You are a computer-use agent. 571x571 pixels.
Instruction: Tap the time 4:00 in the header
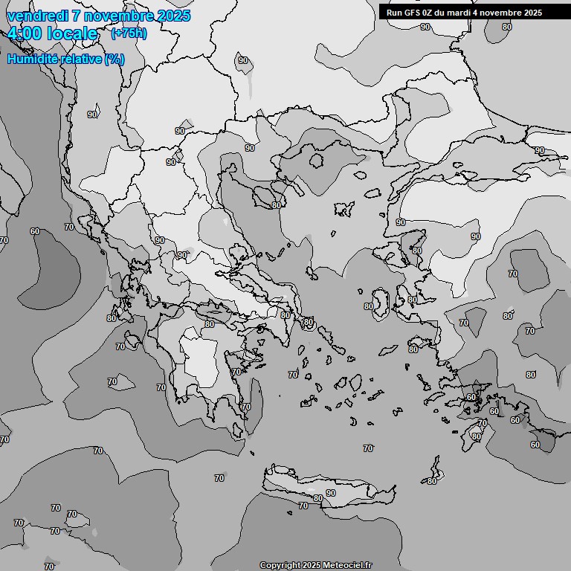click(24, 33)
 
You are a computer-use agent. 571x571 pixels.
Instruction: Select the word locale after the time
click(72, 33)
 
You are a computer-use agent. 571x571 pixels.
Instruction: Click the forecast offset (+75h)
click(129, 33)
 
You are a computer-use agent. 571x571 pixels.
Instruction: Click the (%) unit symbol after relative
click(114, 59)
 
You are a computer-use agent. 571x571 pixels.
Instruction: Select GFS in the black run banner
click(413, 13)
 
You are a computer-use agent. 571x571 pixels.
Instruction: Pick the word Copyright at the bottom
click(280, 566)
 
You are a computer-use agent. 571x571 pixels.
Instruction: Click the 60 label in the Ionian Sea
click(35, 231)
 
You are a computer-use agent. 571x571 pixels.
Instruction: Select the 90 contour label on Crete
click(330, 493)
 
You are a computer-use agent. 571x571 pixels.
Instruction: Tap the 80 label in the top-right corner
click(506, 27)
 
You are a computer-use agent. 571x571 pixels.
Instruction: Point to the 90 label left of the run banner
click(425, 27)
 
